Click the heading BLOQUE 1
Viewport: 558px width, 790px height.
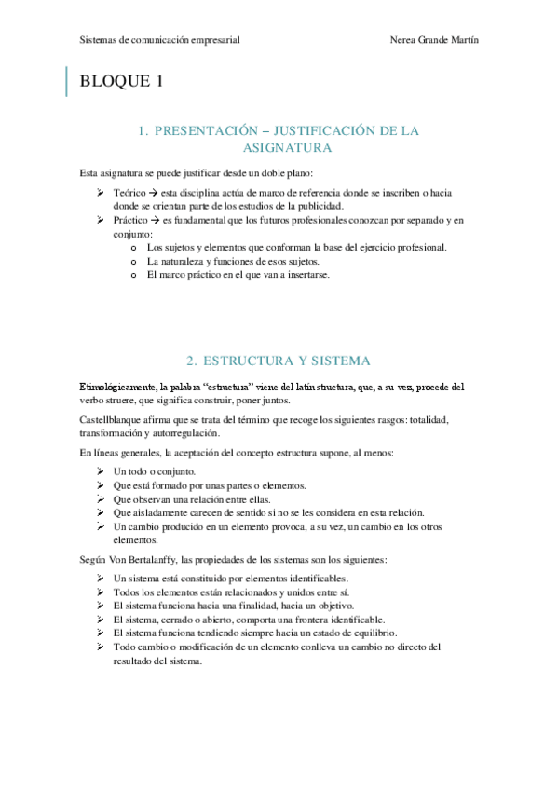(x=122, y=81)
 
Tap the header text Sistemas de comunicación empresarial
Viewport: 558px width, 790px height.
(x=160, y=41)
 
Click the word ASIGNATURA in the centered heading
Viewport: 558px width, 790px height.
(x=279, y=148)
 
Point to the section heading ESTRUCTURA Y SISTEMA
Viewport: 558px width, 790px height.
(x=278, y=361)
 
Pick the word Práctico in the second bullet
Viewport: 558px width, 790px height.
(x=131, y=220)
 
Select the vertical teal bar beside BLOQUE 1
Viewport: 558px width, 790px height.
(x=67, y=81)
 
